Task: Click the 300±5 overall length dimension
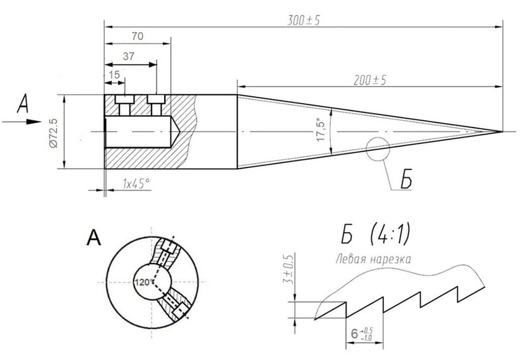coord(303,20)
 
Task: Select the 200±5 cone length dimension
coord(369,80)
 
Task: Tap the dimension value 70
coord(137,37)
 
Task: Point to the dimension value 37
coord(129,56)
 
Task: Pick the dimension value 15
coord(114,75)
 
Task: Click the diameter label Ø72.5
coord(53,132)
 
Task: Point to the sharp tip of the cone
coord(501,131)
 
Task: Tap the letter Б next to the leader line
coord(404,179)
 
